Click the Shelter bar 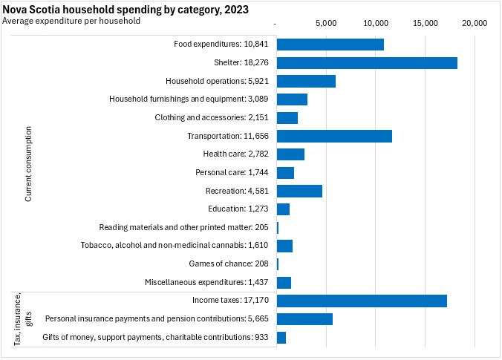[367, 63]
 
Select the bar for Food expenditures [330, 45]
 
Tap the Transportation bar [334, 136]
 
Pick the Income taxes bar [362, 301]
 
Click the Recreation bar [299, 191]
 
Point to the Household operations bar [306, 81]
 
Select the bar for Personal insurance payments [304, 319]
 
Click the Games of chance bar [278, 264]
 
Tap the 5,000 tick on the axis [327, 23]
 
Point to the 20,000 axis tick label [475, 23]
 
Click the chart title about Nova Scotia [126, 10]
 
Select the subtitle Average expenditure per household [72, 21]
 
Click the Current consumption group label [28, 163]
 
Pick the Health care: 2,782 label [235, 154]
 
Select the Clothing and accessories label [211, 118]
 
